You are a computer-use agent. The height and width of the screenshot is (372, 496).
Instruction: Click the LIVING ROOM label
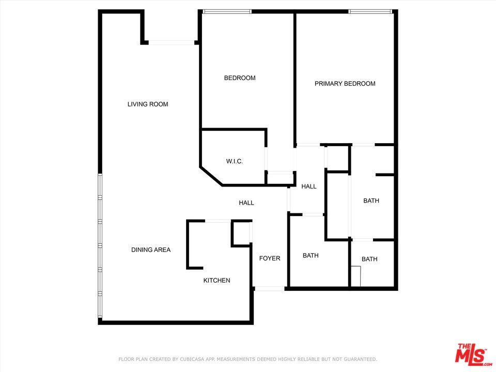click(148, 104)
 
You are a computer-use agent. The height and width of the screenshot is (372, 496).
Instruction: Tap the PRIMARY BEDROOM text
click(345, 84)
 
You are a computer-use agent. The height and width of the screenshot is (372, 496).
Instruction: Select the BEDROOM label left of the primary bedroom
click(240, 78)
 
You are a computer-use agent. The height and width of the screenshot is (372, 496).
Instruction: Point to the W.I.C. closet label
click(234, 162)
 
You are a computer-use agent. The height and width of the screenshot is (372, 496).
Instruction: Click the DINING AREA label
click(151, 250)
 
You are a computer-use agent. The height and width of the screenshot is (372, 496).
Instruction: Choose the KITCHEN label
click(216, 281)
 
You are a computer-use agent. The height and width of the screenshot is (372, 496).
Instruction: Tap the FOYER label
click(270, 258)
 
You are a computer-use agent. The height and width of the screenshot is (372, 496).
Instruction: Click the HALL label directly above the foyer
click(246, 203)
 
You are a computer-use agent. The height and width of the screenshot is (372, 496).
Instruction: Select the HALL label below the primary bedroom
click(309, 187)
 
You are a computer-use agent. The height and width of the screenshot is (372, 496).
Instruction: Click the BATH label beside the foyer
click(311, 256)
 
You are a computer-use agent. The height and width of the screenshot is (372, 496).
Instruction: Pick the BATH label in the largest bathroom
click(371, 201)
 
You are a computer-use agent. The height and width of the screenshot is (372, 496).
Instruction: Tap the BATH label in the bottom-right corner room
click(369, 259)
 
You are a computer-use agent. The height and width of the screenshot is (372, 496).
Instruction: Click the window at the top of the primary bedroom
click(370, 11)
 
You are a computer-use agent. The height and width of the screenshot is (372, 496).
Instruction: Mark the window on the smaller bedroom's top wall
click(227, 11)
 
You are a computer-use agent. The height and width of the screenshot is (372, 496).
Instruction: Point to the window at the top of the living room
click(171, 43)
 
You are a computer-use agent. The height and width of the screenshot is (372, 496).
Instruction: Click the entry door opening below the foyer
click(270, 288)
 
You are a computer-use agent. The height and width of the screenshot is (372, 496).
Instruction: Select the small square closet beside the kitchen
click(241, 233)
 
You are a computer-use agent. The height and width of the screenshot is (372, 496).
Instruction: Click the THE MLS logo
click(470, 354)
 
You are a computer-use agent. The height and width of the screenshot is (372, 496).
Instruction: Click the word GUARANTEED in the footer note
click(360, 359)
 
